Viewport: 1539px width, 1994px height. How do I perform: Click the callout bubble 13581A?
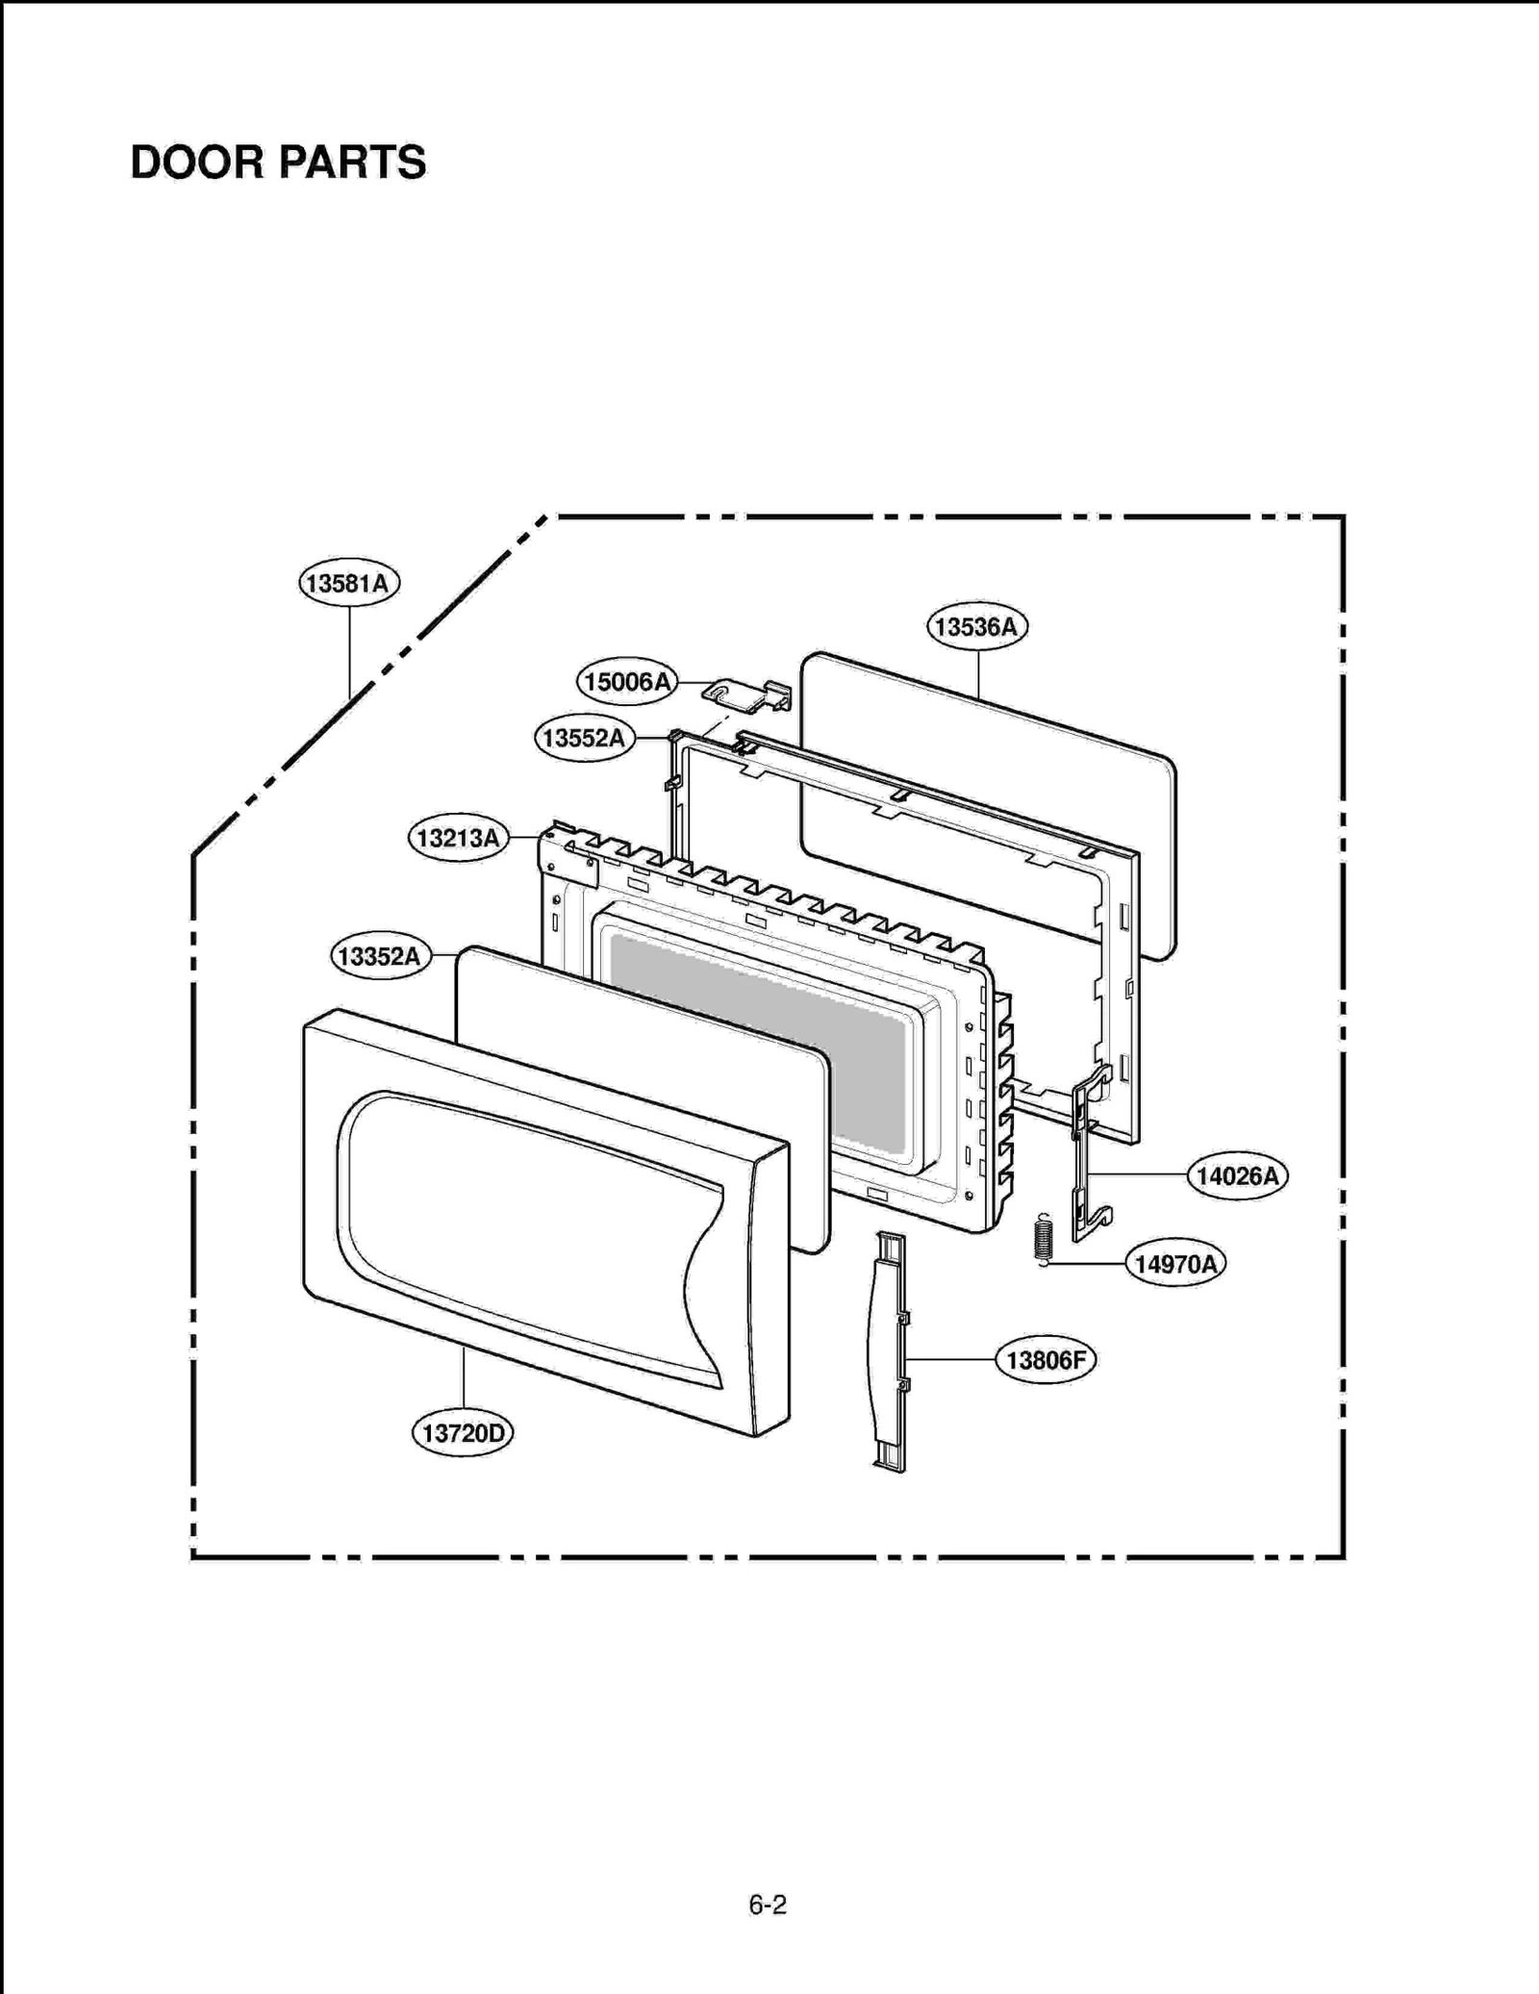349,583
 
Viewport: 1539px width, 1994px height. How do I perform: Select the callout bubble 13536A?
977,627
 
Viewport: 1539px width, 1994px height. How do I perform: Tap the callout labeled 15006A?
627,682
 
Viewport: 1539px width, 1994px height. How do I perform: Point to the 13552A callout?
584,738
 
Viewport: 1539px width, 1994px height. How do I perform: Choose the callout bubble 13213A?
458,838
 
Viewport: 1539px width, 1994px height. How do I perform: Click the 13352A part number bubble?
380,956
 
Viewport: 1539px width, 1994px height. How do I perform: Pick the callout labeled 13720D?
463,1433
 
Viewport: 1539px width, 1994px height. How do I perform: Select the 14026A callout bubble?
1237,1175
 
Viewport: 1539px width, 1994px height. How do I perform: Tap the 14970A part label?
1175,1264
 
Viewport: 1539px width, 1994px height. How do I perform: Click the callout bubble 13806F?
1046,1360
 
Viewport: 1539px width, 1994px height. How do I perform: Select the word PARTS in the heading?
352,163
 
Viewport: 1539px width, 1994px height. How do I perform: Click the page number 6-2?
768,1905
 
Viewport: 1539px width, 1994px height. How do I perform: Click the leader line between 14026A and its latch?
1139,1174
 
